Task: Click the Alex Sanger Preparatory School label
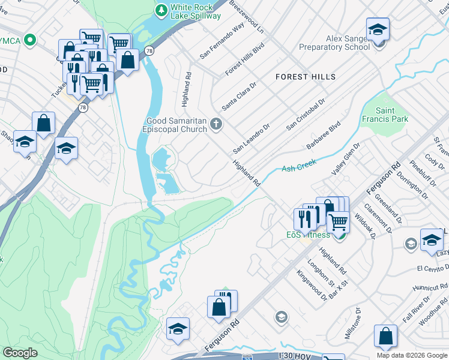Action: [x=347, y=43]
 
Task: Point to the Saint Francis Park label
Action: [x=391, y=115]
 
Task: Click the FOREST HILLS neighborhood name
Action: [x=306, y=77]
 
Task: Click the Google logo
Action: [x=20, y=353]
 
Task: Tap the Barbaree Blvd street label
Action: [x=322, y=135]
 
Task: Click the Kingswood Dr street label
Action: [x=312, y=285]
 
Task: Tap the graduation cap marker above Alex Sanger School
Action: [x=378, y=29]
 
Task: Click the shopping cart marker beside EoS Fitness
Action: [x=339, y=222]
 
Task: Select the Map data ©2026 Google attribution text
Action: [x=411, y=355]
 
